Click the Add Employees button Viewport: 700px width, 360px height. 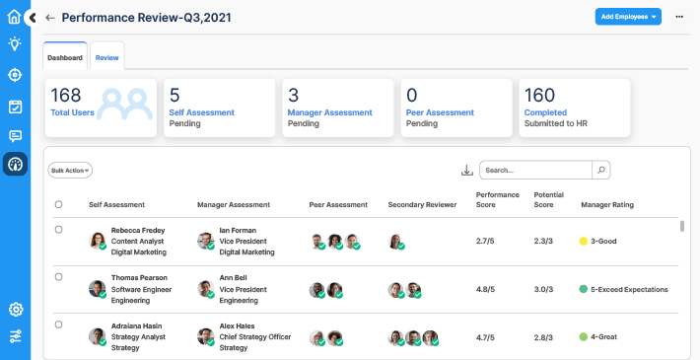pos(627,17)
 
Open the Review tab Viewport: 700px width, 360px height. pos(107,58)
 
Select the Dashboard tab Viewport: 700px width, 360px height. pos(65,58)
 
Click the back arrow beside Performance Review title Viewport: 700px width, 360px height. pos(50,18)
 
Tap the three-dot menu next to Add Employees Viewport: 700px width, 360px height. pos(679,17)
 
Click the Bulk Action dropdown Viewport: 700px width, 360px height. pos(71,170)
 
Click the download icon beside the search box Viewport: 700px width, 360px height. pos(467,170)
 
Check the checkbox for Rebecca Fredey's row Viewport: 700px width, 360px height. pos(59,230)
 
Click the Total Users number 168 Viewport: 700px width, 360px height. pos(66,96)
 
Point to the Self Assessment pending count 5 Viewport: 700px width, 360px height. pos(175,96)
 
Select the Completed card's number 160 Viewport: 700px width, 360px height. pos(540,96)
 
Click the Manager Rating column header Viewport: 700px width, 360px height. pos(608,204)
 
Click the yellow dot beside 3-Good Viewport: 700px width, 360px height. pos(584,241)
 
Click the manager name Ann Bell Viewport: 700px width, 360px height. pos(233,278)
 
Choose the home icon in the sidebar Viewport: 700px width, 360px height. pos(14,16)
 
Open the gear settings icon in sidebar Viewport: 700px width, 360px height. pos(15,309)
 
